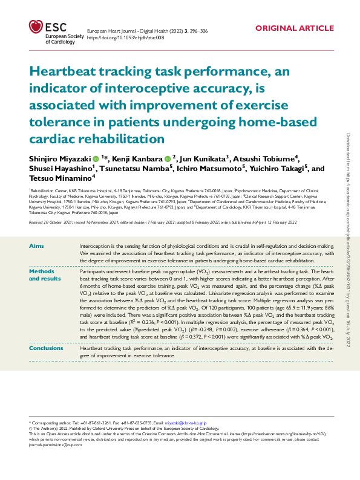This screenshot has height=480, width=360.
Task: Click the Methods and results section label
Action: pos(45,275)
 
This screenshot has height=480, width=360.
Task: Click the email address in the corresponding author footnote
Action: pos(185,422)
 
